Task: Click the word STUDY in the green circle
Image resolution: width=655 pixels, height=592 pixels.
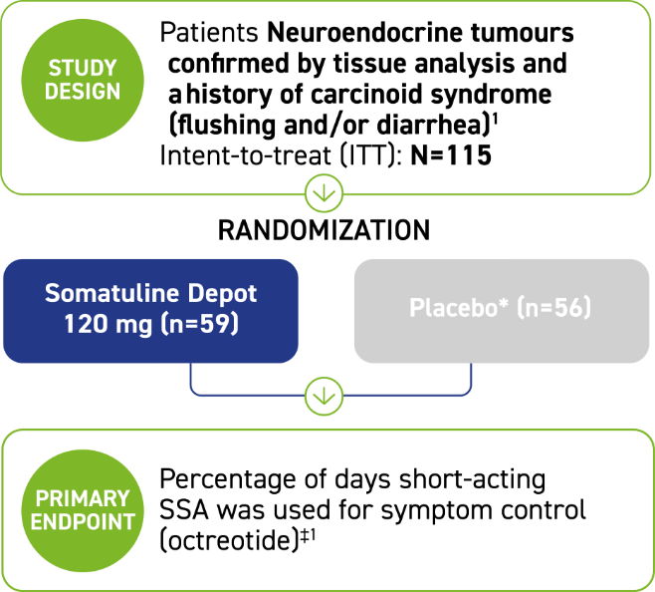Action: tap(83, 69)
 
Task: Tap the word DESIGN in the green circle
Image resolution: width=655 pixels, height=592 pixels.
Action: tap(83, 92)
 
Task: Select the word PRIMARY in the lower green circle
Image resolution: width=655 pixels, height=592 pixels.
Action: tap(83, 498)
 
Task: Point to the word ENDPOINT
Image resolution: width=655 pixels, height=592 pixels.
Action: tap(83, 521)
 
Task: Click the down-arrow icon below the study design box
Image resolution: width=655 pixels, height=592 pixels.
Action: tap(324, 191)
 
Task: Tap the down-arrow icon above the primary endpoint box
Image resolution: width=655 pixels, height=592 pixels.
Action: tap(324, 397)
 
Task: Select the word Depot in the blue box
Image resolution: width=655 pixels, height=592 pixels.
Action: tap(221, 294)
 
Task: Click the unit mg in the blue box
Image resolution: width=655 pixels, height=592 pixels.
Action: tap(134, 325)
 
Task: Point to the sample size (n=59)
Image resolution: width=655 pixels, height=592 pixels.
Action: tap(199, 325)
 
